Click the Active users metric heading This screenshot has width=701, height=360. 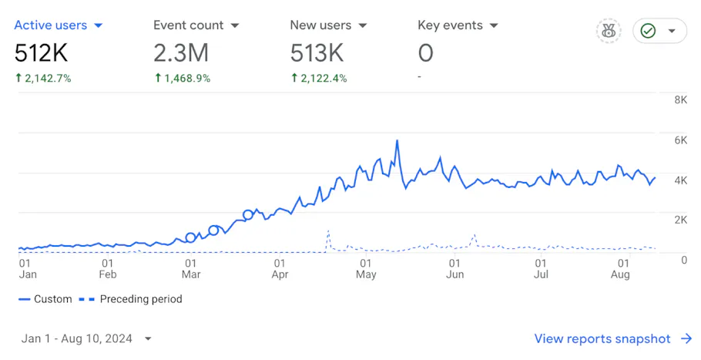51,25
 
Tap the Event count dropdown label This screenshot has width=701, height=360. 188,25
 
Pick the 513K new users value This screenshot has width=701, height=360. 316,53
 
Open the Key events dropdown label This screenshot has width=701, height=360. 450,25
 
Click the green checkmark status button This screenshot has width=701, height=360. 649,31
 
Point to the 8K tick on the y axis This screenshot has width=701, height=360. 680,100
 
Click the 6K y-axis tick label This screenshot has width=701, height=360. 680,140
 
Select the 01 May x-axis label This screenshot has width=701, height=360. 367,268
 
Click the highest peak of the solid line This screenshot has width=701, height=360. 397,141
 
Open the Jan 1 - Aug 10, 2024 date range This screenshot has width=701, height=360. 85,338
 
